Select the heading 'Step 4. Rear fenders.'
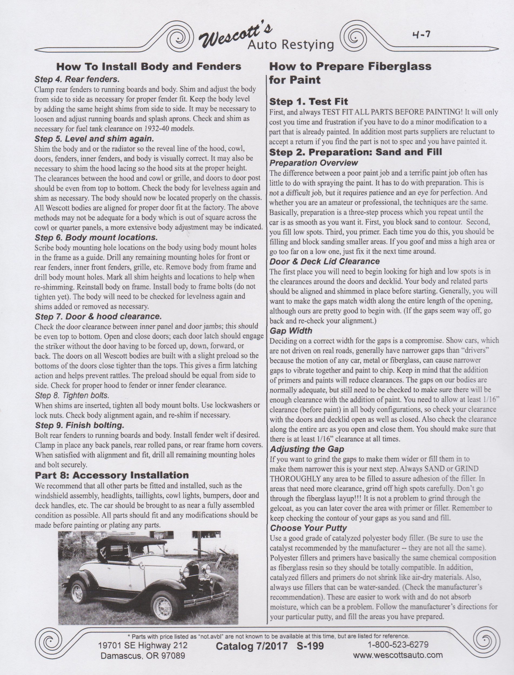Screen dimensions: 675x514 point(77,79)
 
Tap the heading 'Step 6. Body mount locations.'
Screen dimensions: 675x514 point(96,238)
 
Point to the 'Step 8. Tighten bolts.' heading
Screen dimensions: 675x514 point(72,395)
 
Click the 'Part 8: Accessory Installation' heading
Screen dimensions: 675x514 point(112,475)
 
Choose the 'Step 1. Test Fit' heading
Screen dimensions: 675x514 point(308,102)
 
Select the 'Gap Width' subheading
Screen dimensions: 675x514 point(291,331)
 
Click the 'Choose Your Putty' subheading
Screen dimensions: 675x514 point(308,528)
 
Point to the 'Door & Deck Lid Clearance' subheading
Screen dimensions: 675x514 point(324,261)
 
